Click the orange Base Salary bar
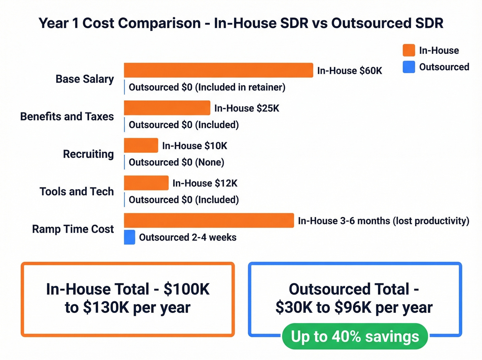(x=218, y=70)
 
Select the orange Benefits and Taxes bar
(x=167, y=108)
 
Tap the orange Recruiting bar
(x=141, y=145)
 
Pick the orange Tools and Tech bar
(x=146, y=183)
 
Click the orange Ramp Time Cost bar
(x=209, y=220)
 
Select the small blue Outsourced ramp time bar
(x=129, y=237)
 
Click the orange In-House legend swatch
(x=409, y=50)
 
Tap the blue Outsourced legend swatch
(x=409, y=67)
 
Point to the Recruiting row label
(x=88, y=154)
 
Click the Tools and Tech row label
(x=76, y=192)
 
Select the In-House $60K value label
(x=349, y=71)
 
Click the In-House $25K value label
(x=247, y=108)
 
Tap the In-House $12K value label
(x=205, y=183)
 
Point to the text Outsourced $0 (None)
(x=176, y=162)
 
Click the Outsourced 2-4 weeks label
(x=188, y=237)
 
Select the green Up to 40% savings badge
(x=355, y=336)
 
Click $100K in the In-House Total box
(x=186, y=289)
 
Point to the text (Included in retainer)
(x=240, y=87)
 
